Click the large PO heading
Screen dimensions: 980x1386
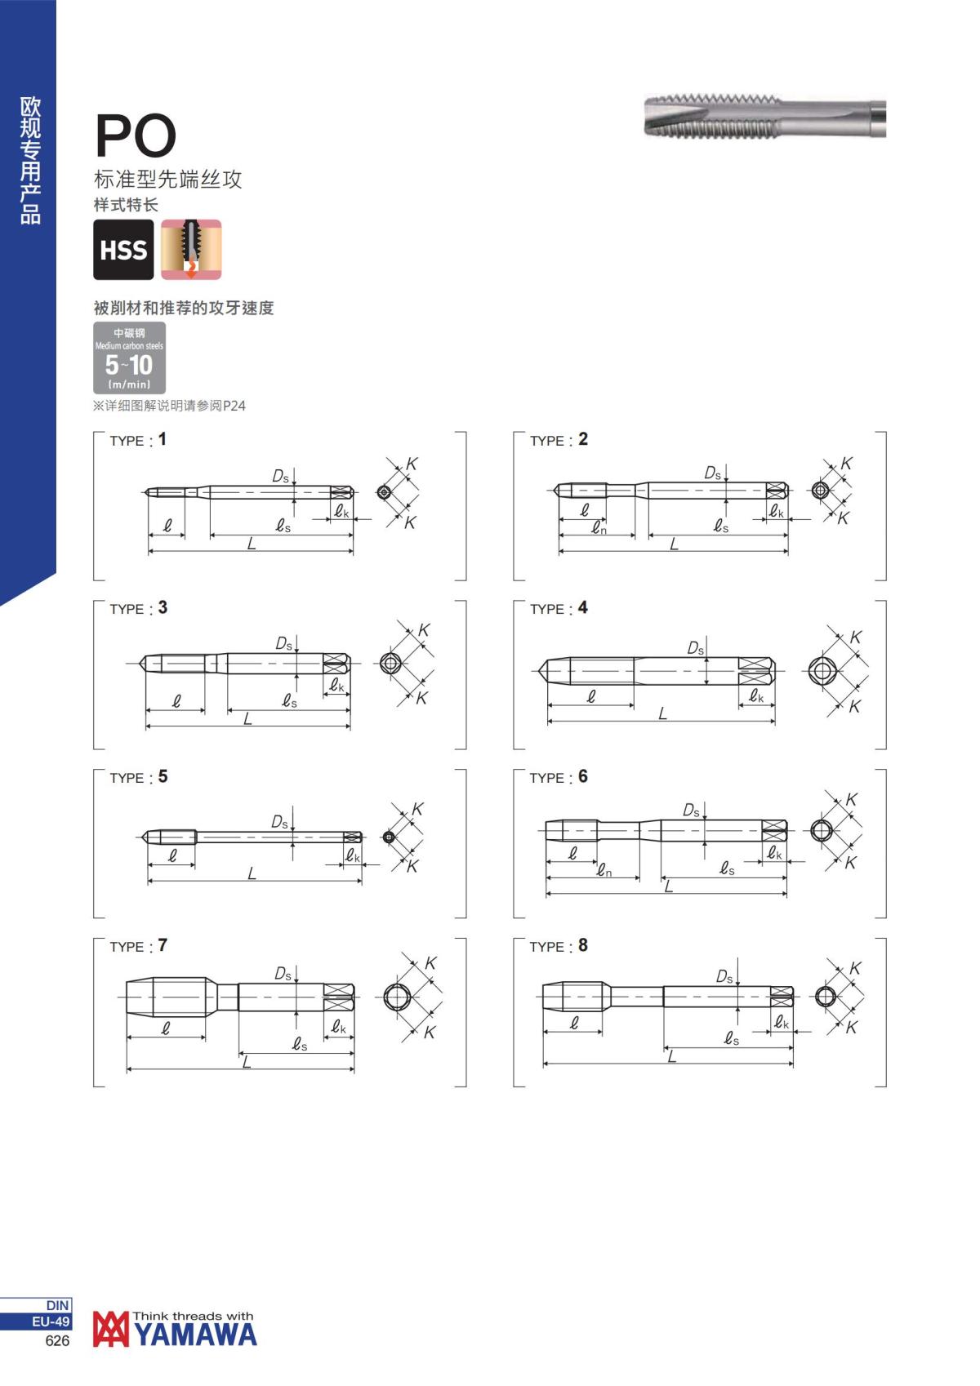(136, 135)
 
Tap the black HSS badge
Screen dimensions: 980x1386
(124, 249)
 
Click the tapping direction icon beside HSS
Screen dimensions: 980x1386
(191, 249)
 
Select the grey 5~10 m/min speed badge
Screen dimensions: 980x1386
(129, 358)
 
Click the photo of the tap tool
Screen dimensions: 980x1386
(765, 117)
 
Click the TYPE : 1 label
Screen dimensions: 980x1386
(138, 440)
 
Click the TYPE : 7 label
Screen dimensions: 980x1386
(138, 946)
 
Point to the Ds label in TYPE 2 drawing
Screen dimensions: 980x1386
(713, 473)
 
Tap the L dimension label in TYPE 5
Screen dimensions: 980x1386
(252, 873)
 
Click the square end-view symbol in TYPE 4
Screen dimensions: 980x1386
(822, 671)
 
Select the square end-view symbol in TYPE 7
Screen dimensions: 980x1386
(397, 997)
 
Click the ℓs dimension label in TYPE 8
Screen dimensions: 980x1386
(731, 1037)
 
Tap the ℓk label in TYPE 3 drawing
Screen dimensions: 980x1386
(336, 685)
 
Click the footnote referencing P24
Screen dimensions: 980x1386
(169, 406)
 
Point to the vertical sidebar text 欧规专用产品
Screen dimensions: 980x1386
(30, 160)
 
